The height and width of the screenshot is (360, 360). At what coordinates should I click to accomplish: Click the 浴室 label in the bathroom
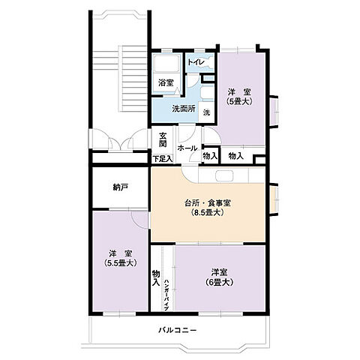click(165, 82)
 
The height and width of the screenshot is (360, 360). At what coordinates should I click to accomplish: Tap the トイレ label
click(197, 62)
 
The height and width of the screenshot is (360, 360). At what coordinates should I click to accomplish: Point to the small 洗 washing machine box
click(206, 112)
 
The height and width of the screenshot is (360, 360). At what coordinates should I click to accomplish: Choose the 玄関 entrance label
click(163, 140)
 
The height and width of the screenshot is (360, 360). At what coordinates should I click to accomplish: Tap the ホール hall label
click(187, 148)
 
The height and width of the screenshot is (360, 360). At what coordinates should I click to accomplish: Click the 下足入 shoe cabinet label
click(162, 159)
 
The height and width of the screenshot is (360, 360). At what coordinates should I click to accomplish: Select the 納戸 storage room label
click(120, 187)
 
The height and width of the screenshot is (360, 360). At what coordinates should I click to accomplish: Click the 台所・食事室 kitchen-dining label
click(208, 202)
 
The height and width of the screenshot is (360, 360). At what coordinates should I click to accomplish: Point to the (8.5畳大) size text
click(208, 213)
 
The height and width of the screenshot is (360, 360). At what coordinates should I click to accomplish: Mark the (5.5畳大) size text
click(119, 263)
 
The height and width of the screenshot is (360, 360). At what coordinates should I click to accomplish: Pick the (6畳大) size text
click(219, 282)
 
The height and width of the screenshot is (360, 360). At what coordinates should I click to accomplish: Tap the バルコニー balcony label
click(178, 330)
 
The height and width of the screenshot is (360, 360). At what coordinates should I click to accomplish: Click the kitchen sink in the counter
click(225, 176)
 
